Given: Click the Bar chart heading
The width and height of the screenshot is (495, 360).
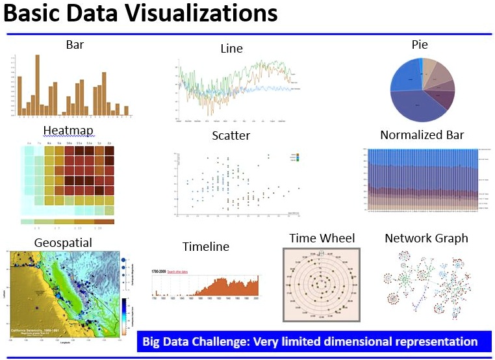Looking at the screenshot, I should [x=75, y=45].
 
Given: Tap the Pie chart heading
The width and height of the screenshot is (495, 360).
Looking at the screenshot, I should [x=419, y=44].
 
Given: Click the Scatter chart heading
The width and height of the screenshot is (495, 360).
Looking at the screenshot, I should [x=231, y=136].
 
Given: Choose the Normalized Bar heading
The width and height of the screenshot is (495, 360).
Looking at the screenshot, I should [x=422, y=135].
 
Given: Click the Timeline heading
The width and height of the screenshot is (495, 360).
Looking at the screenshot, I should [x=205, y=246].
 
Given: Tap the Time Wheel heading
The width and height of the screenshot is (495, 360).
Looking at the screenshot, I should [x=322, y=238].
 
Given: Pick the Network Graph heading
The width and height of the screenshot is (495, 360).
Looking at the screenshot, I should [x=426, y=238].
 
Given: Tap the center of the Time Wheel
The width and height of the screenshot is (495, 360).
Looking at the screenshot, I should [x=322, y=285].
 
